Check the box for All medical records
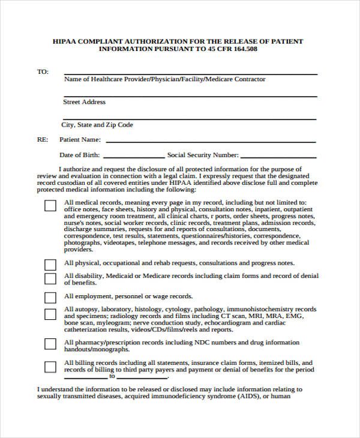(50, 205)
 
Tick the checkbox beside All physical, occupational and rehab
(50, 264)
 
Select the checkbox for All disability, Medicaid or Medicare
(50, 278)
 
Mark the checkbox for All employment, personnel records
(50, 297)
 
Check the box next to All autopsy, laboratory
(50, 314)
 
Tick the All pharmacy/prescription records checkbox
(50, 344)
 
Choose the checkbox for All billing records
(50, 366)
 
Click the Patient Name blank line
(210, 141)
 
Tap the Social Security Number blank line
(278, 156)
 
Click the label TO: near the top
(43, 71)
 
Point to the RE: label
(43, 140)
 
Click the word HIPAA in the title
(65, 41)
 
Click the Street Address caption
(84, 102)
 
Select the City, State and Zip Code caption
(97, 125)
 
